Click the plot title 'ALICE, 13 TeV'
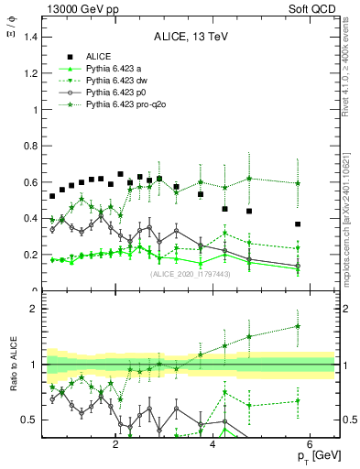[x=190, y=37]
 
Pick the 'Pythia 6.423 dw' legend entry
[x=110, y=81]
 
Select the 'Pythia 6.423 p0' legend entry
[x=110, y=93]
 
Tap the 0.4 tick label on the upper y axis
[x=28, y=219]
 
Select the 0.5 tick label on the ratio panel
[x=28, y=420]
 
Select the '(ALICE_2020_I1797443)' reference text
[x=190, y=273]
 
